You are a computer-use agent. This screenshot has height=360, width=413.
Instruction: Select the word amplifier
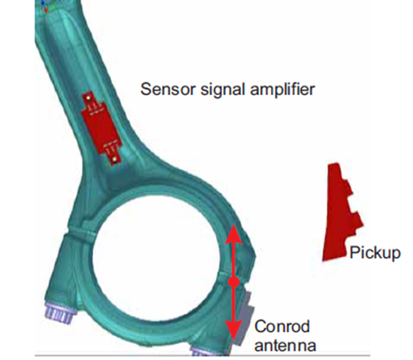pos(282,90)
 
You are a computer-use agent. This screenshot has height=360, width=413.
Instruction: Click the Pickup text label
pos(375,253)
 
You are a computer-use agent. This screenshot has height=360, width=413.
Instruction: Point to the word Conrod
pos(282,327)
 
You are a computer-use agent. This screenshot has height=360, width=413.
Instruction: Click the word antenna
pos(285,345)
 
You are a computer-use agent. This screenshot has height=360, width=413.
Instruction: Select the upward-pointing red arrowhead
pos(233,234)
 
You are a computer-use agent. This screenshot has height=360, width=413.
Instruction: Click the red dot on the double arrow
pos(234,283)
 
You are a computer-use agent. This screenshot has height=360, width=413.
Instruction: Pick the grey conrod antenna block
pos(244,318)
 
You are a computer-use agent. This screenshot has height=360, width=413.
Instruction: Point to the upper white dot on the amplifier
pos(88,98)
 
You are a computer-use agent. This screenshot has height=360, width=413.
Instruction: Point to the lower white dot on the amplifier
pos(114,159)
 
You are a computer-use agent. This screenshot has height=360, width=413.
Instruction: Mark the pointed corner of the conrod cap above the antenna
pos(255,255)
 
